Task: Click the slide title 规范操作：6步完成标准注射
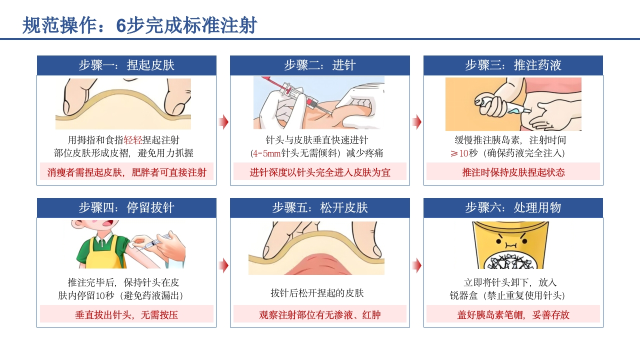click(140, 25)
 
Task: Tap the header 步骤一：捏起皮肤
click(126, 65)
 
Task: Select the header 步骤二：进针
click(319, 65)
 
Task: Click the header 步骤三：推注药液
click(513, 65)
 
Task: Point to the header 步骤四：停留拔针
click(126, 208)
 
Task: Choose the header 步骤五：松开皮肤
click(319, 208)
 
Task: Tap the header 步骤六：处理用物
click(513, 208)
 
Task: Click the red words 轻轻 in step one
click(133, 140)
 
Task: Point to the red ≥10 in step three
click(459, 153)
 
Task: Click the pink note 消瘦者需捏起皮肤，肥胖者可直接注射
click(126, 172)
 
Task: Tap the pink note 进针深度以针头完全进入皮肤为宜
click(319, 172)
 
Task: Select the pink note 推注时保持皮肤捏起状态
click(513, 172)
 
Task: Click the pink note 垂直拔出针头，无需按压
click(126, 315)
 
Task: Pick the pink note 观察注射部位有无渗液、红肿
click(319, 315)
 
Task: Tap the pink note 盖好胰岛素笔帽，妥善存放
click(513, 315)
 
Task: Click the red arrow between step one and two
click(223, 122)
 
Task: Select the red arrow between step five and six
click(416, 265)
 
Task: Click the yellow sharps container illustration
click(508, 245)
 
